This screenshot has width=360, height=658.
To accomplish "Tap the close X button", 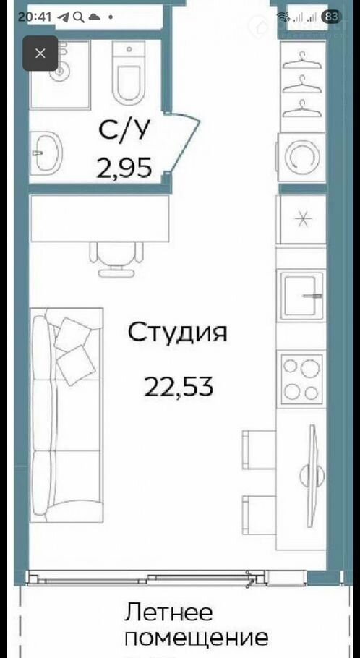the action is click(40, 54).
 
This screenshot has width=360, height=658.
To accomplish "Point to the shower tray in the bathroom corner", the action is click(60, 74).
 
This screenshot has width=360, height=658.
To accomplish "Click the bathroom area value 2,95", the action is click(124, 168).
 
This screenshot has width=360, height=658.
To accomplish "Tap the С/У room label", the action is click(124, 130).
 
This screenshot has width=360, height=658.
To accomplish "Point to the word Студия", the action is click(178, 333).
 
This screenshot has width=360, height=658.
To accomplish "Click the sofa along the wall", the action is click(67, 415).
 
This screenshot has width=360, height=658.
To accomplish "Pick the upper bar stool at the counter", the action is click(259, 450).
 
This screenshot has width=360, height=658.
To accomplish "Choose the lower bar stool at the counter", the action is click(259, 515).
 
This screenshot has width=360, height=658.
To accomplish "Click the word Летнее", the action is click(168, 612).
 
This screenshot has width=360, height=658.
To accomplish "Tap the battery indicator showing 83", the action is click(330, 17).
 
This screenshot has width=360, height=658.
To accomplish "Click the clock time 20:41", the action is click(35, 17).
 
